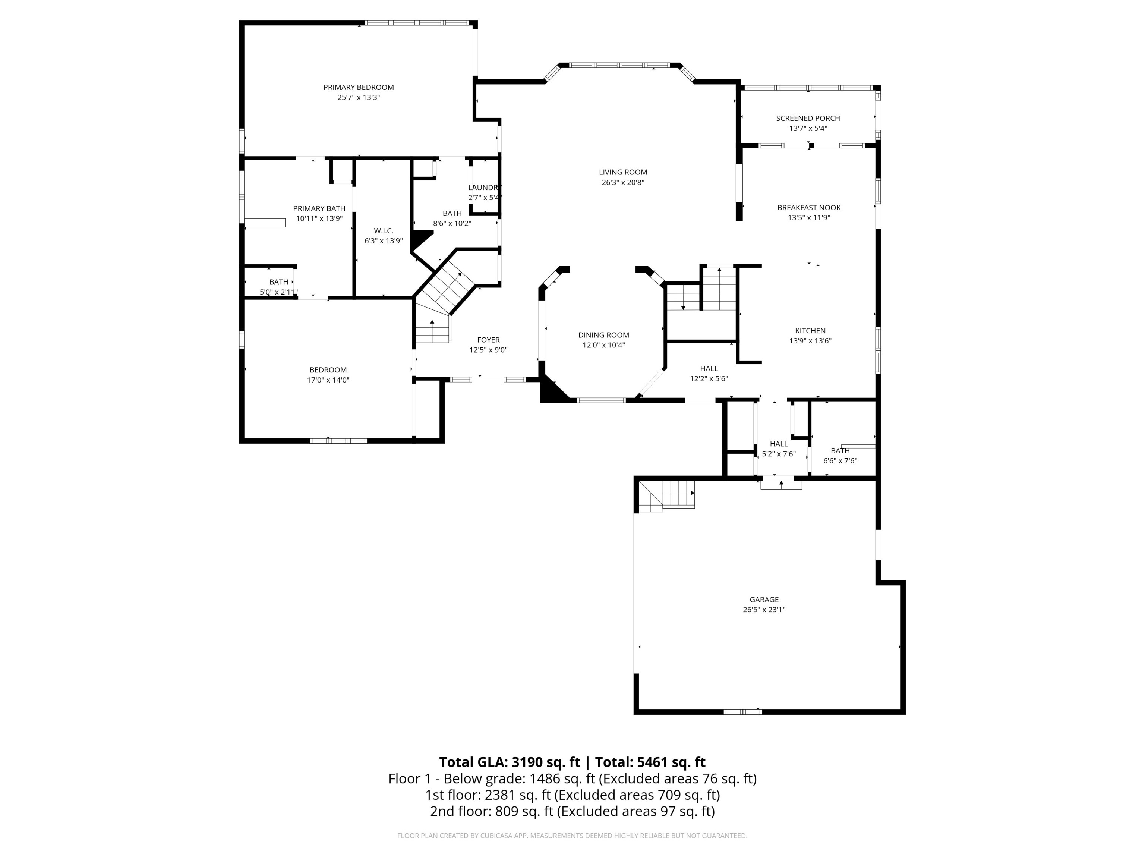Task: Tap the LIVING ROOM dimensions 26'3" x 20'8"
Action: [623, 182]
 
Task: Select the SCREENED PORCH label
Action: [808, 119]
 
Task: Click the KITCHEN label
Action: [810, 331]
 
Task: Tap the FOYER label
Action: [488, 340]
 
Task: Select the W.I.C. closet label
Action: [384, 231]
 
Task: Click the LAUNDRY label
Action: [485, 188]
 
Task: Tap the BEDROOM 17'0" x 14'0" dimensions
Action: [328, 380]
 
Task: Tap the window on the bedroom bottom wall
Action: [338, 441]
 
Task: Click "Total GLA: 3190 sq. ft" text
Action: [510, 762]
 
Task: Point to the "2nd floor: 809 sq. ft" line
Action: [572, 811]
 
